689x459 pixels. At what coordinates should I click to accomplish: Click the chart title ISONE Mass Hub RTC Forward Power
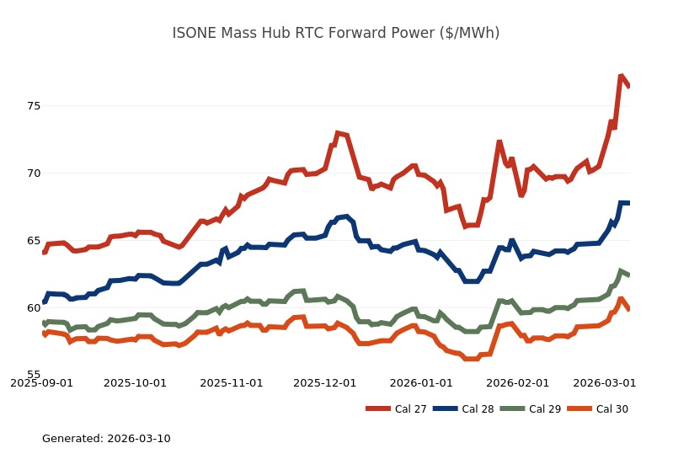point(335,33)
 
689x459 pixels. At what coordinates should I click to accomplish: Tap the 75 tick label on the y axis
point(34,106)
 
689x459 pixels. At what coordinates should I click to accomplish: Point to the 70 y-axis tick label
point(34,173)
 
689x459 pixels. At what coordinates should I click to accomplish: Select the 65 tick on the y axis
point(34,241)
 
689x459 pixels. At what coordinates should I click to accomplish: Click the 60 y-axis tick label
point(34,308)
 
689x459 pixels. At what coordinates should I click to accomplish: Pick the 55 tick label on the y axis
point(34,375)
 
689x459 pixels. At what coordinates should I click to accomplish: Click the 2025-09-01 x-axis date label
point(41,382)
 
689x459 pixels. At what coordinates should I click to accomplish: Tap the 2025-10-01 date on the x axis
point(136,382)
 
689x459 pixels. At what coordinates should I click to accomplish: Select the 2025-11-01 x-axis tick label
point(232,382)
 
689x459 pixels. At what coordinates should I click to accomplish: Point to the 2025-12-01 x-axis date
point(325,382)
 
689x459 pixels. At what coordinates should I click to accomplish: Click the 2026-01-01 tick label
point(421,382)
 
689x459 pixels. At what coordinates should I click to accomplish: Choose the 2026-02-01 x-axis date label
point(517,382)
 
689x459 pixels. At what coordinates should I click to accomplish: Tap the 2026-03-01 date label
point(604,382)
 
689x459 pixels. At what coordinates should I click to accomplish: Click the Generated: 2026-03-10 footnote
point(106,439)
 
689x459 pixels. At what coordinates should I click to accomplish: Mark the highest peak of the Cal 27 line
point(621,77)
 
